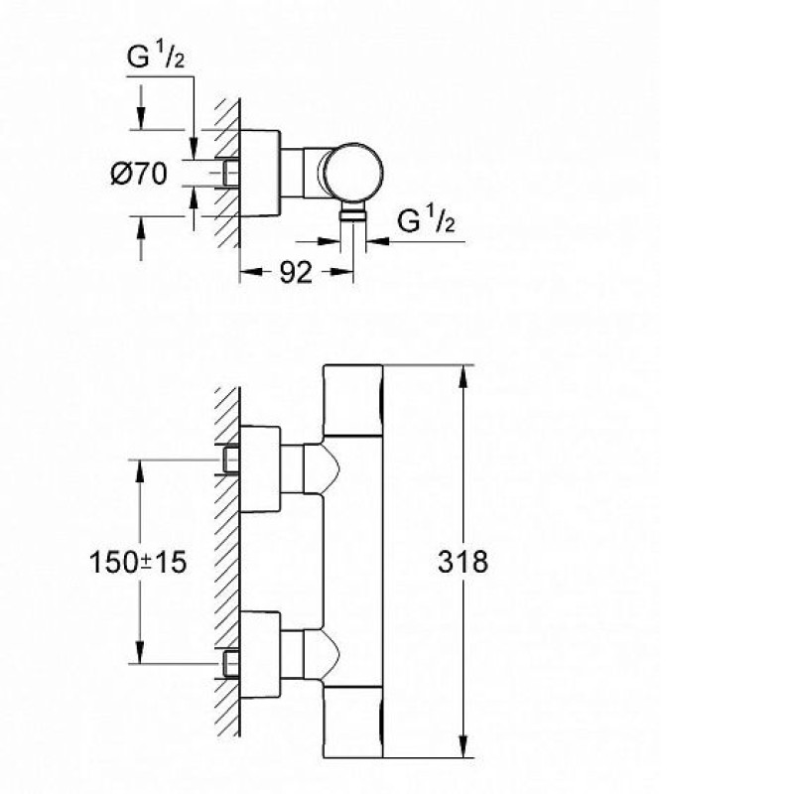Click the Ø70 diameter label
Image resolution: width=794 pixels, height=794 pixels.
coord(139,175)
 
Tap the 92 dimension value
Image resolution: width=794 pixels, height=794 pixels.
coord(296,273)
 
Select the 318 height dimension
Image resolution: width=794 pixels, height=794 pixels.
coord(463,562)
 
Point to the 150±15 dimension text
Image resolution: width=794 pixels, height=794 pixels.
coord(138,562)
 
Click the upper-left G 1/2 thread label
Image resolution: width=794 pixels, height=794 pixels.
coord(156,56)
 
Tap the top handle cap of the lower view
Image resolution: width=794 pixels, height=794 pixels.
coord(352,400)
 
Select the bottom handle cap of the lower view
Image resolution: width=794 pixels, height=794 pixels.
coord(352,723)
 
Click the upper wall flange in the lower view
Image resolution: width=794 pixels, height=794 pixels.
coord(260,468)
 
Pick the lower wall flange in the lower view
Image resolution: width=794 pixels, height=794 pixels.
coord(260,655)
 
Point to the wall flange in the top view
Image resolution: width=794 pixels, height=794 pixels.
coord(260,173)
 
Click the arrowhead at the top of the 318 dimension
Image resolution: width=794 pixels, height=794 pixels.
coord(463,376)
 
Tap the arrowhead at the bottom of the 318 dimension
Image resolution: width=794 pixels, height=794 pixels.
coord(463,747)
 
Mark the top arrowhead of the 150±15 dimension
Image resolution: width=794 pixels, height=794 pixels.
coord(140,471)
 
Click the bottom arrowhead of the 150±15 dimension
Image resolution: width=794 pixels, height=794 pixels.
coord(140,652)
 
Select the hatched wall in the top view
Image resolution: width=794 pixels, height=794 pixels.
coord(227,173)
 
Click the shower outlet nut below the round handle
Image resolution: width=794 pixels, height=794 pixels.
coord(353,212)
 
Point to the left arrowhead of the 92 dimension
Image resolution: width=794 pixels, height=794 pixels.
coord(251,272)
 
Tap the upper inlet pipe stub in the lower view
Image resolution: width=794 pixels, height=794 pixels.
coord(231,461)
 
